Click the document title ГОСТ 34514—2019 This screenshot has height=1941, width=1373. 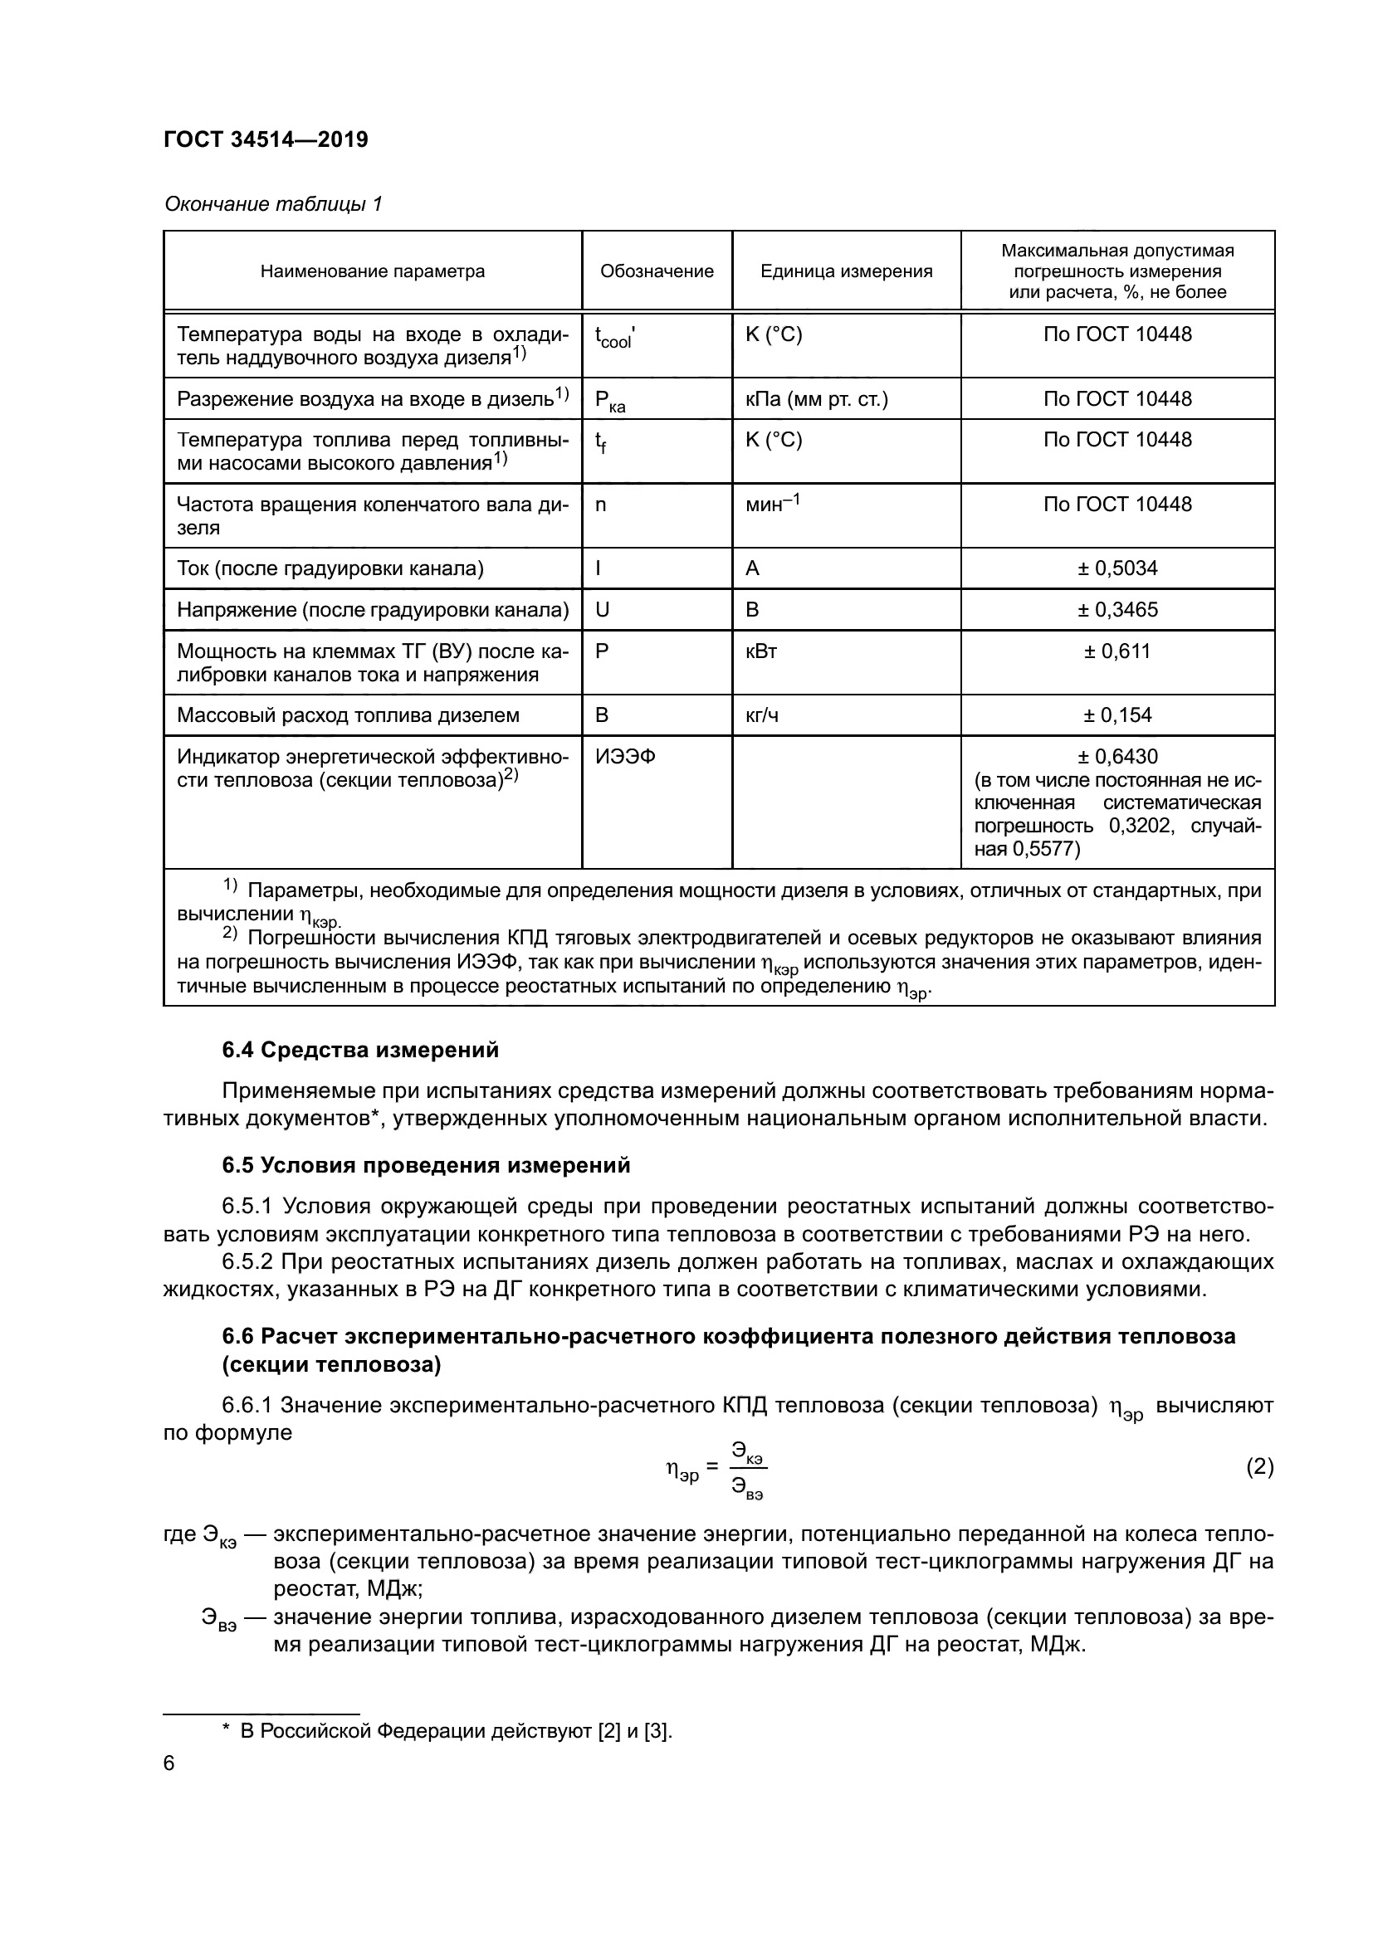(266, 139)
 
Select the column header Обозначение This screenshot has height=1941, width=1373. (656, 271)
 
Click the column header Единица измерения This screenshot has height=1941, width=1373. (845, 271)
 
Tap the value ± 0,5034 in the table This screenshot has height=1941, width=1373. (1116, 568)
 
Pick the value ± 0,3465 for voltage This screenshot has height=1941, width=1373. (1116, 610)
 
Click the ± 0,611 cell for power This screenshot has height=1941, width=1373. (1116, 651)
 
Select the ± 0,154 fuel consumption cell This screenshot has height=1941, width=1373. (1116, 715)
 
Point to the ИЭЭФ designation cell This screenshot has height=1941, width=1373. (625, 757)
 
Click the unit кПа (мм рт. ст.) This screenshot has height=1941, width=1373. (816, 399)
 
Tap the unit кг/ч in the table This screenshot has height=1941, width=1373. (761, 715)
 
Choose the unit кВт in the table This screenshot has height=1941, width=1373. (761, 651)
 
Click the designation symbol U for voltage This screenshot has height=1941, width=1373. (602, 610)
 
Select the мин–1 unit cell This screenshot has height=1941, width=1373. (772, 505)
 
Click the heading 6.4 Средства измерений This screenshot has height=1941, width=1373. (360, 1050)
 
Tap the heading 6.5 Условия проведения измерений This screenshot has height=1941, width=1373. (426, 1165)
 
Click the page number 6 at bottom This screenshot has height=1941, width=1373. (169, 1763)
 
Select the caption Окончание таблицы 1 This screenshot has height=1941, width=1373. (273, 204)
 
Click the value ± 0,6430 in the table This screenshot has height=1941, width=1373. (1116, 757)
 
